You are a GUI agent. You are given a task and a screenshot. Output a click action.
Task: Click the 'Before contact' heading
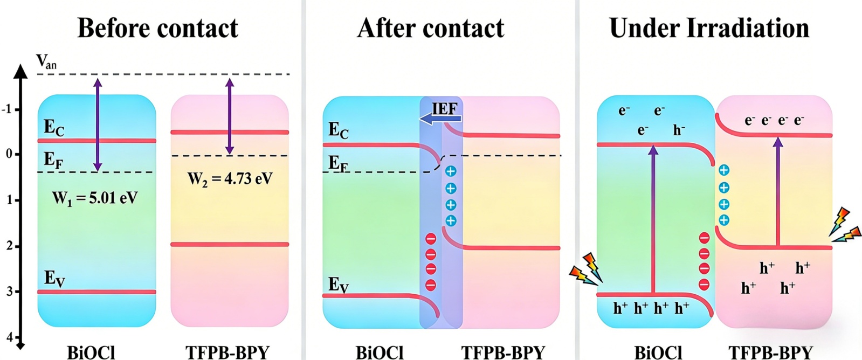click(157, 28)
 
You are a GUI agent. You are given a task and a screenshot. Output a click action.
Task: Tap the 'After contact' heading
click(430, 28)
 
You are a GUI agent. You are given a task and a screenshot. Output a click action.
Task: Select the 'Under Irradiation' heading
click(709, 28)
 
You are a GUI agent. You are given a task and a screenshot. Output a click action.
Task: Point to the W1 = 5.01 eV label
click(95, 198)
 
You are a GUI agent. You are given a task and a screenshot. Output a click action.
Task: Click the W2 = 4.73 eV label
click(230, 178)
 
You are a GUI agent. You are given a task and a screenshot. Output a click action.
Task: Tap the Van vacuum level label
click(46, 62)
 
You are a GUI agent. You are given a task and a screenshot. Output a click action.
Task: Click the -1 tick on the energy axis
click(8, 109)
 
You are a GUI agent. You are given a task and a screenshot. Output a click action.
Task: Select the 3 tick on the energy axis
click(9, 292)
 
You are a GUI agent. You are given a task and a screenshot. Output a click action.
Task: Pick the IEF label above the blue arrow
click(445, 108)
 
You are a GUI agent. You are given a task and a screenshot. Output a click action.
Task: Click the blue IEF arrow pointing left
click(440, 119)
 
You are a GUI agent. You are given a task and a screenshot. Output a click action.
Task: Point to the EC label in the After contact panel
click(339, 130)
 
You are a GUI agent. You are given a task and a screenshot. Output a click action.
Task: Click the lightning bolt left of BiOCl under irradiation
click(587, 268)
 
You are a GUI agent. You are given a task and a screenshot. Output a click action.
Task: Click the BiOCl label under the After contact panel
click(380, 352)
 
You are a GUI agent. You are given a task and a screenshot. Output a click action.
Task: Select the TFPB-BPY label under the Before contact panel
click(227, 352)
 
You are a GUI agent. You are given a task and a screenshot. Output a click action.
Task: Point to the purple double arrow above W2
click(230, 116)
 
